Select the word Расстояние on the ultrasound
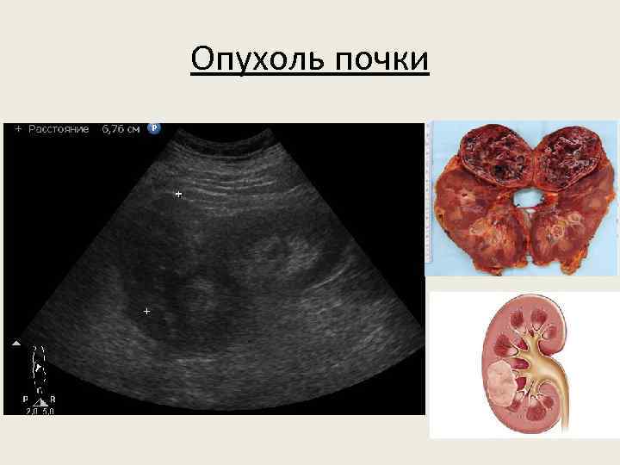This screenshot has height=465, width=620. coord(59,129)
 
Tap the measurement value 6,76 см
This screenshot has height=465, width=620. coord(121,129)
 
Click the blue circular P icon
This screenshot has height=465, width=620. coord(154,128)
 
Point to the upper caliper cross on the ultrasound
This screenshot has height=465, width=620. coord(178,195)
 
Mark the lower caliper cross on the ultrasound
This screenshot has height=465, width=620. coord(146,310)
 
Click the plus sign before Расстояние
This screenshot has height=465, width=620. coord(18,129)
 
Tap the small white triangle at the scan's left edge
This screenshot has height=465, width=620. coord(15,343)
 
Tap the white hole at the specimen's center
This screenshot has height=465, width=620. coord(524,199)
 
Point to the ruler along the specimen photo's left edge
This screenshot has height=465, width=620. coord(430,198)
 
